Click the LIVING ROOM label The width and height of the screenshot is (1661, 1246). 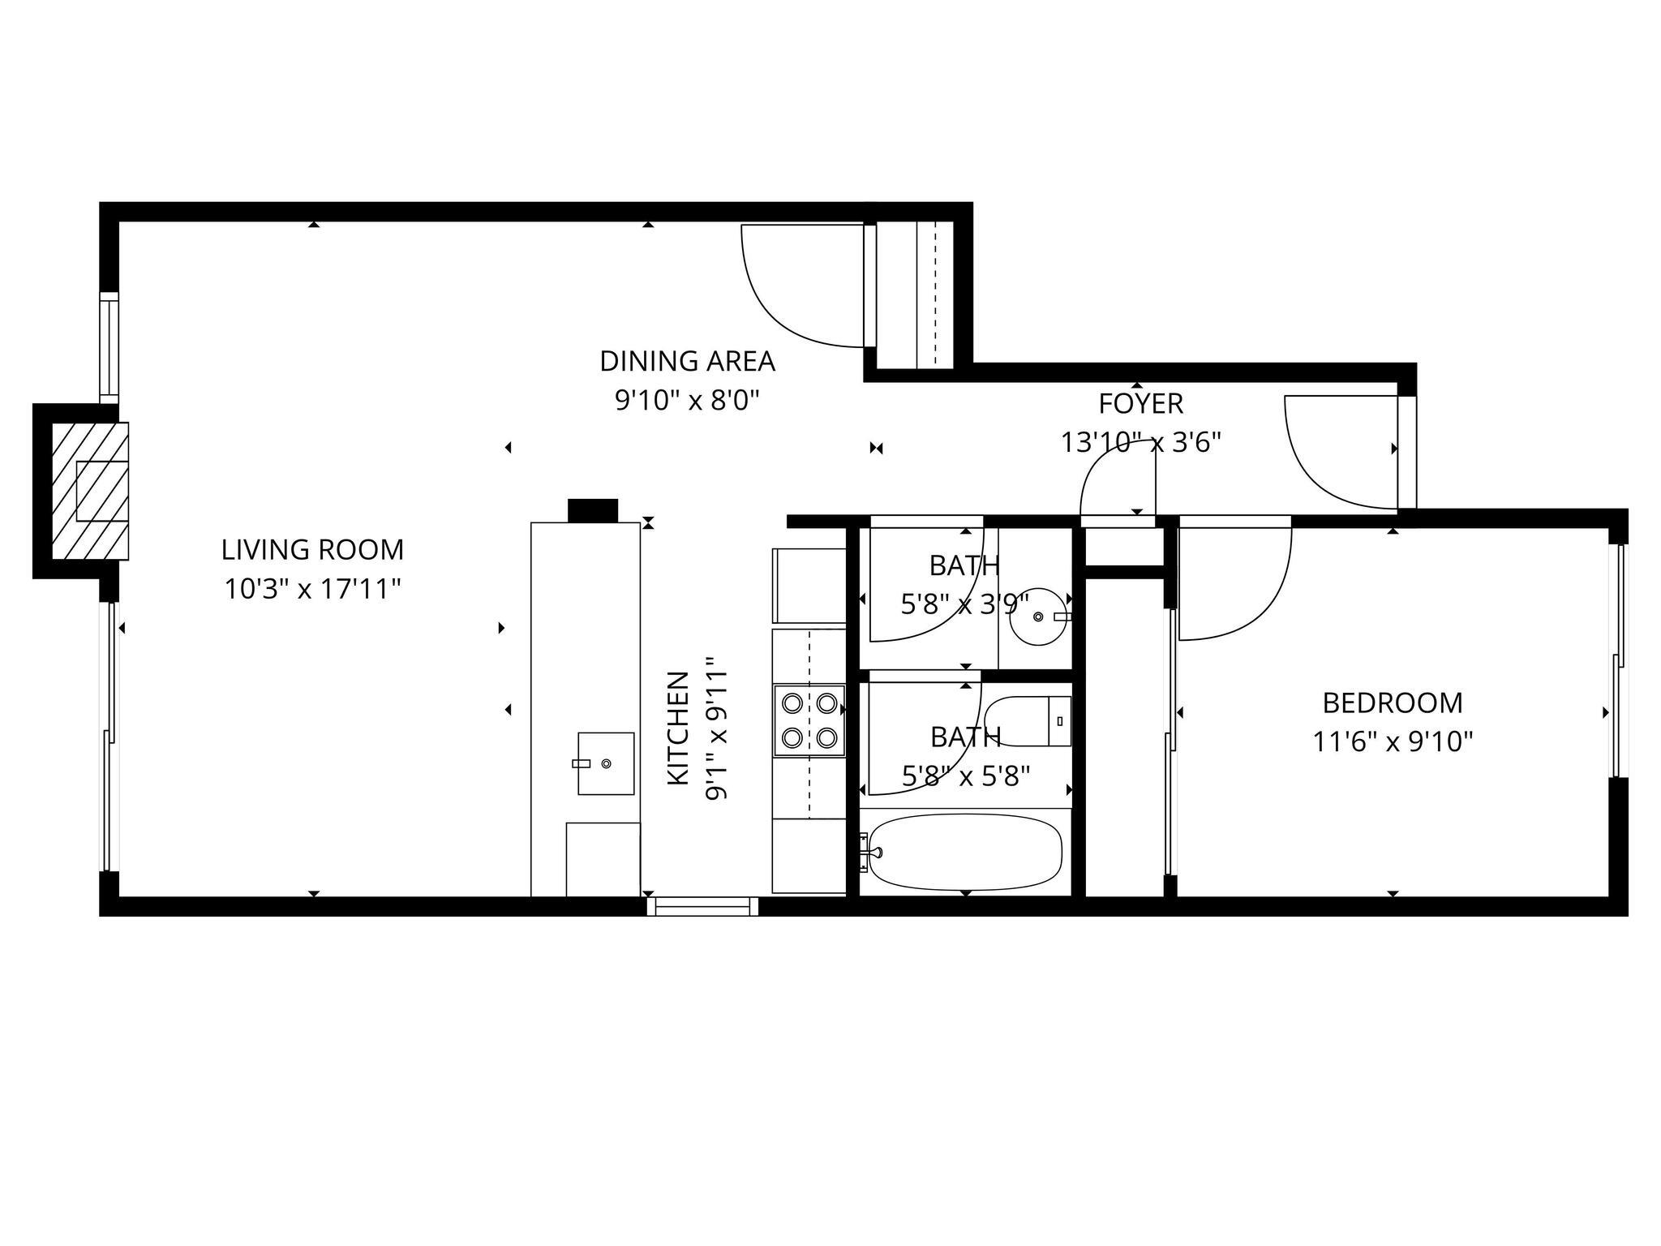click(x=312, y=550)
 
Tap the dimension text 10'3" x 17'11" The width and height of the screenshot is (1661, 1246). click(x=312, y=589)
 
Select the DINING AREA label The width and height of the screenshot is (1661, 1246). click(x=687, y=362)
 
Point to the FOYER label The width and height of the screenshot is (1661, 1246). click(x=1140, y=403)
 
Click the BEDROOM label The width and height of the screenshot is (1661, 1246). click(x=1392, y=702)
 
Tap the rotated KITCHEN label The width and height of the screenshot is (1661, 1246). click(x=678, y=728)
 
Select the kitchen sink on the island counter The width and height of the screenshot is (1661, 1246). click(x=605, y=763)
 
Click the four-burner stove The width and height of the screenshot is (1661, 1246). click(x=809, y=720)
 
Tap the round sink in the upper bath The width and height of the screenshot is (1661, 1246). click(x=1037, y=617)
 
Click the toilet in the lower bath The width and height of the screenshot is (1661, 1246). click(x=1028, y=721)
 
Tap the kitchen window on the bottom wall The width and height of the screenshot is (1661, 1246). click(x=702, y=906)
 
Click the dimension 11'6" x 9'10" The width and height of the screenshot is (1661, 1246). click(x=1392, y=741)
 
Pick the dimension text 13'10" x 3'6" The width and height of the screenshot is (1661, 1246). click(x=1140, y=442)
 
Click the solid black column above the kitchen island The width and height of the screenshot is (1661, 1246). click(x=593, y=510)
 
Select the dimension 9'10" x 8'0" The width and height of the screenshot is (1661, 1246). click(x=687, y=401)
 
